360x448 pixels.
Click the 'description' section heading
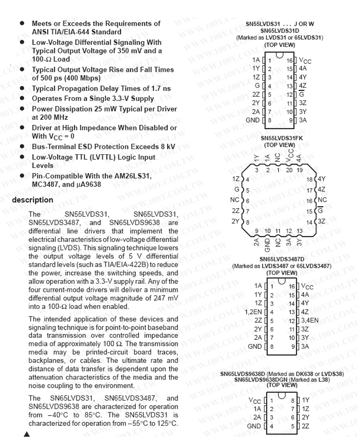point(32,199)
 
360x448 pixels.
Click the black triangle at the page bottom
point(27,434)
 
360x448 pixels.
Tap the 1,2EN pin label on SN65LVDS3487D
point(253,312)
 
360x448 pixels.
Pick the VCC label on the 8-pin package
point(255,400)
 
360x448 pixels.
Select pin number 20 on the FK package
point(288,170)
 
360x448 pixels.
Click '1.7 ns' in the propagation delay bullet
point(160,89)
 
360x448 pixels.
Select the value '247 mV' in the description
point(166,298)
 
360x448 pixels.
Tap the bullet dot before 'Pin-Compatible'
point(22,176)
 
